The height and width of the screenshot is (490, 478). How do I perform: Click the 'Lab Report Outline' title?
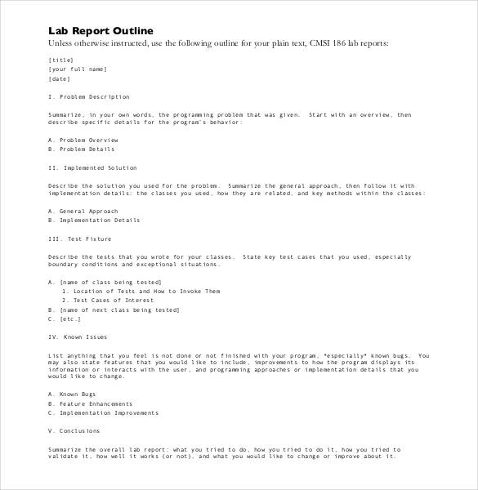pos(101,30)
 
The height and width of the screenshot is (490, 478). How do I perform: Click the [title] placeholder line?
pos(61,60)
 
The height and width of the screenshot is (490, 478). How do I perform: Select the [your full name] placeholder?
pos(78,69)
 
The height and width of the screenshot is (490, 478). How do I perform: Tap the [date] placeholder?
pos(60,79)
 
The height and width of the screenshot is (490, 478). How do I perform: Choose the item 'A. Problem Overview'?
pos(83,140)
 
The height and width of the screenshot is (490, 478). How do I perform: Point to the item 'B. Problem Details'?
pos(81,149)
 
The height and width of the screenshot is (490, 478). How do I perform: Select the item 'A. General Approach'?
pos(83,211)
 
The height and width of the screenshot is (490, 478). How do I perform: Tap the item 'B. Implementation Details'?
pos(94,220)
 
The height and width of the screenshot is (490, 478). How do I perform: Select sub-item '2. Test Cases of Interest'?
pos(110,301)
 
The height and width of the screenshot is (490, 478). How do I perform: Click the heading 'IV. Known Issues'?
pos(78,336)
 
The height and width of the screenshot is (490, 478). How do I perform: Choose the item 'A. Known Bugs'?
pos(74,394)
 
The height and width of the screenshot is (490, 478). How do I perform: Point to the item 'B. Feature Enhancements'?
pos(90,403)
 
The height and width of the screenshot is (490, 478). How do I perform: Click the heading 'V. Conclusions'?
pos(74,430)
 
